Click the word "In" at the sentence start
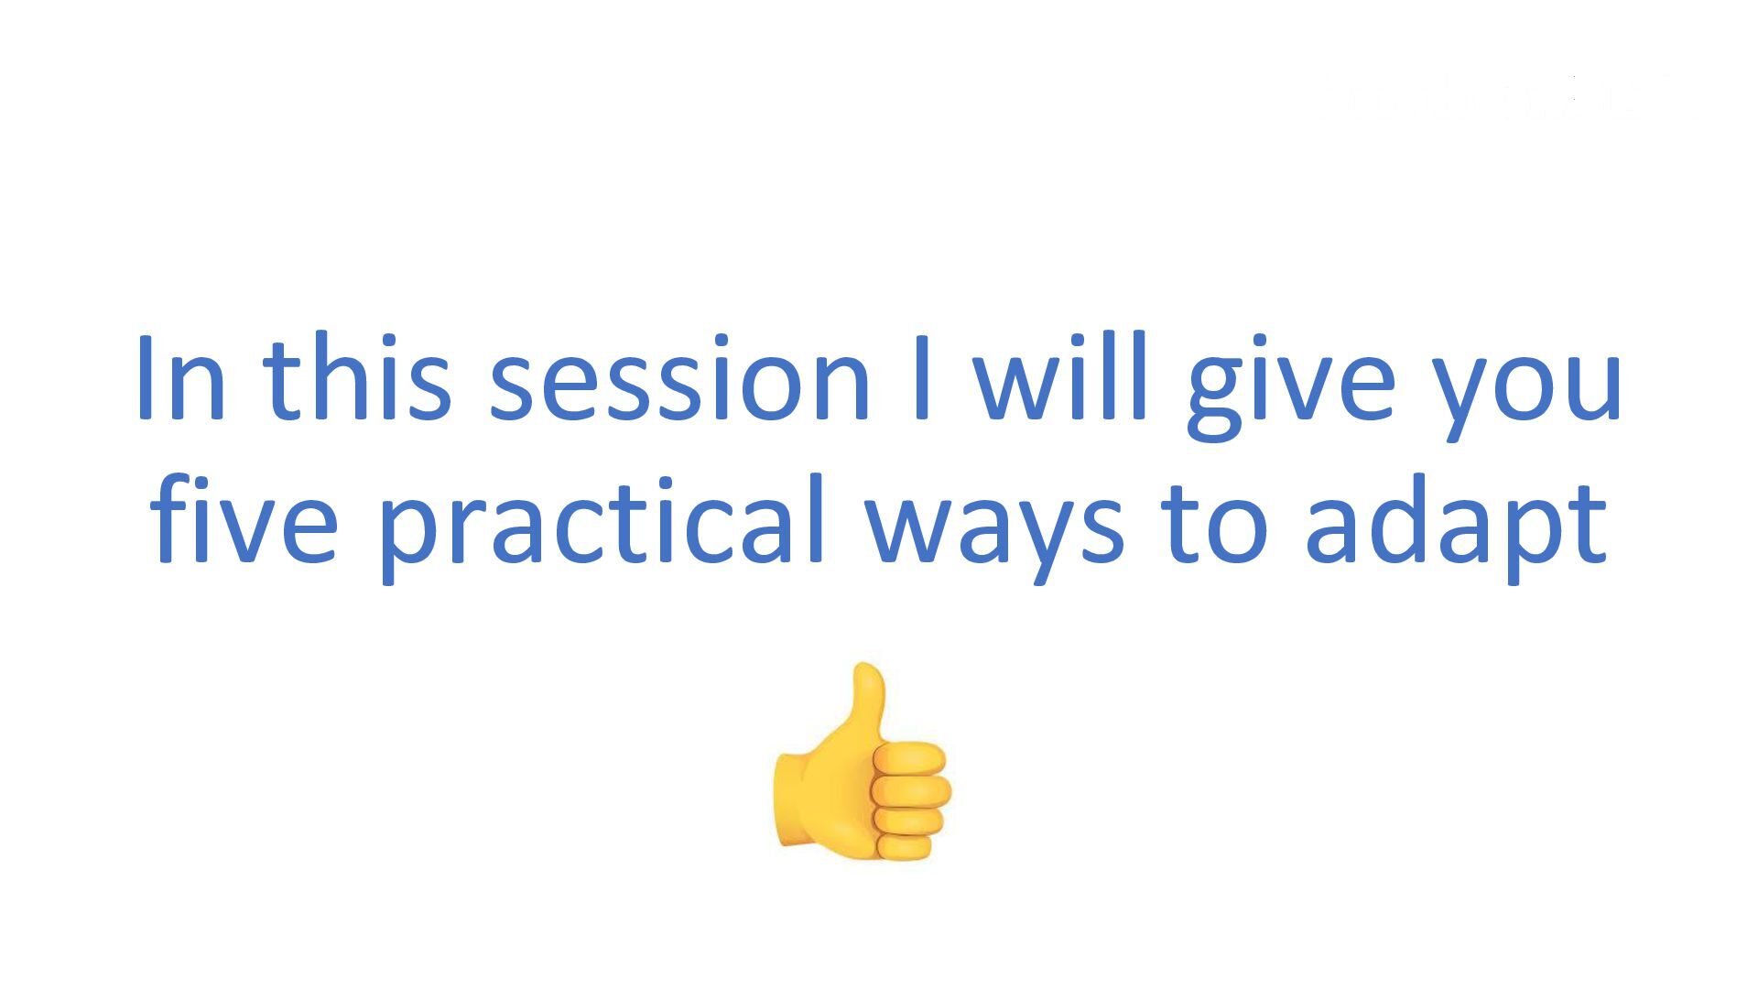coord(180,378)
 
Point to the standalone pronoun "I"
coord(922,378)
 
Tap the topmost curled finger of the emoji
coord(909,759)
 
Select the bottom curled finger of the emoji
coord(906,845)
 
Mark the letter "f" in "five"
coord(173,517)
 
